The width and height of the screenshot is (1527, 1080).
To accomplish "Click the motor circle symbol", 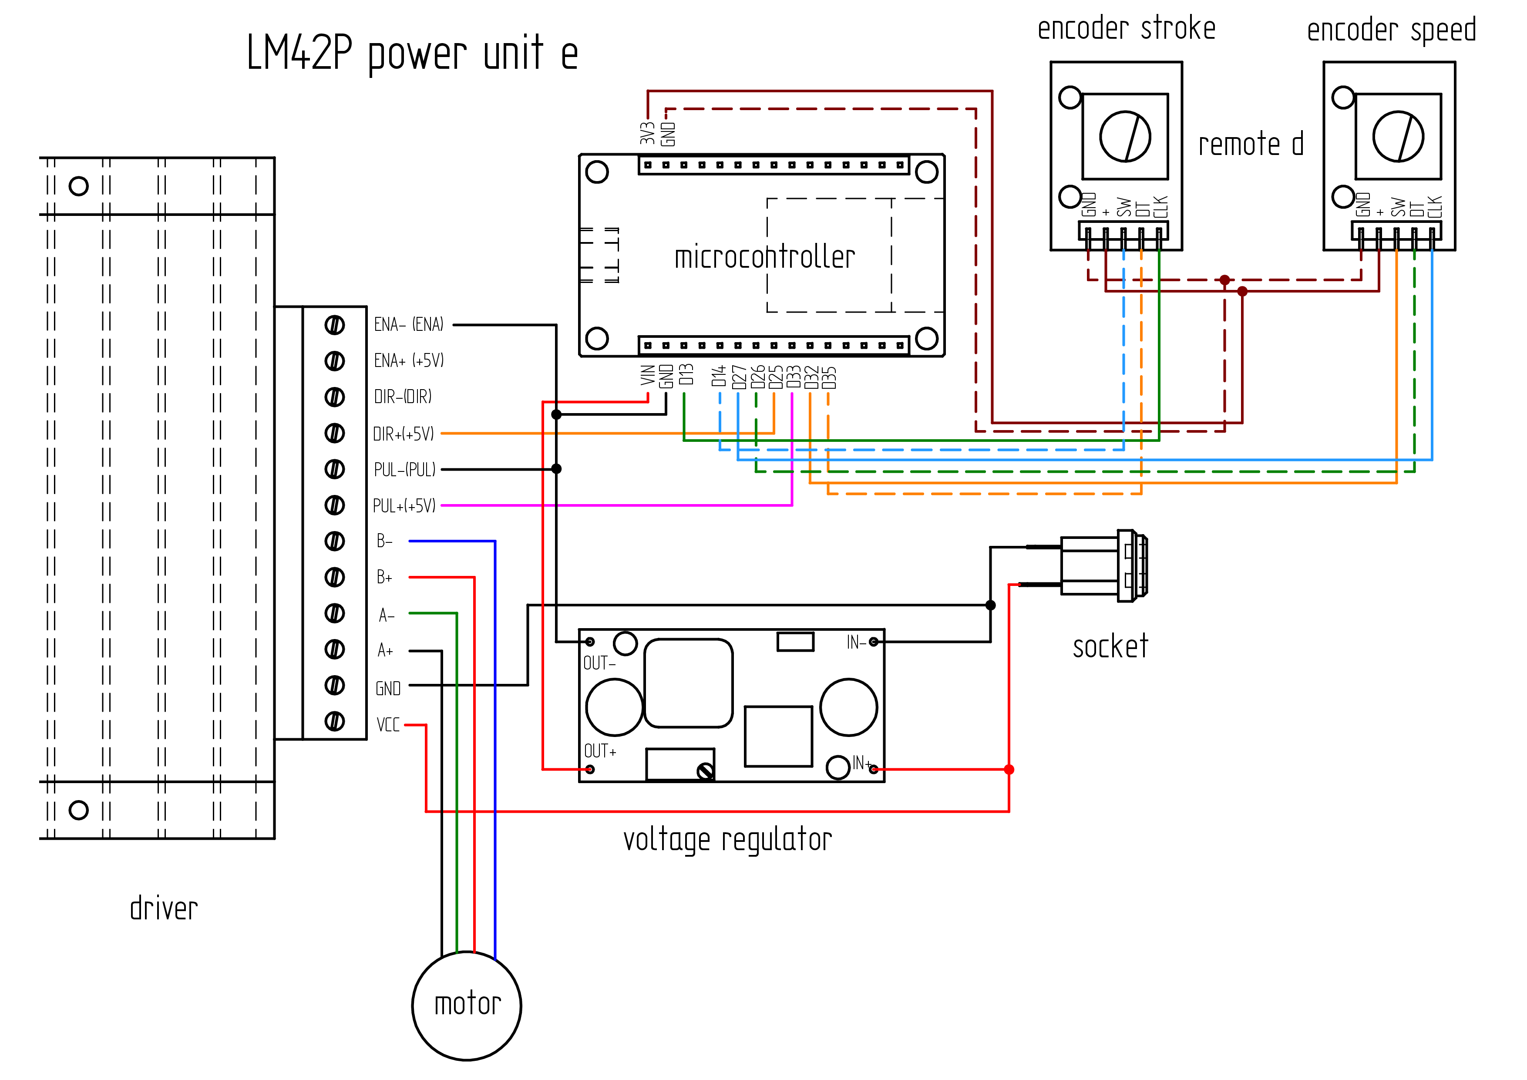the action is click(467, 952).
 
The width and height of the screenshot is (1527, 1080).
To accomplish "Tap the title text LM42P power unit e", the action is click(412, 53).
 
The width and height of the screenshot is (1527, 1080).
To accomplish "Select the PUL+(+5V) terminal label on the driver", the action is click(404, 505).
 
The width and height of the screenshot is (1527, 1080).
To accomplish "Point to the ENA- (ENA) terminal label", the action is click(408, 325).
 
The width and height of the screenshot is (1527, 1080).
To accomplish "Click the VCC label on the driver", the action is click(388, 724).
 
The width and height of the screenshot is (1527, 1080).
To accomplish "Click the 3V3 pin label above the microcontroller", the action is click(648, 133).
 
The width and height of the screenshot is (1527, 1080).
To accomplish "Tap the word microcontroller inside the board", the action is click(765, 257).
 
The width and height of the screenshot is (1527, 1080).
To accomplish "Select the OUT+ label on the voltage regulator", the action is click(600, 751).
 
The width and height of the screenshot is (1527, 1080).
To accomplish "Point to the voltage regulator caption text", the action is click(727, 840).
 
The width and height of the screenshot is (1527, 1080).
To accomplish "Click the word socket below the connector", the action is click(1111, 646).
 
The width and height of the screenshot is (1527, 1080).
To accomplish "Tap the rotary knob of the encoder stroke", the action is click(1125, 136).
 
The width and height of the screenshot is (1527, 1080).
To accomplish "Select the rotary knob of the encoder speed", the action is click(1399, 136).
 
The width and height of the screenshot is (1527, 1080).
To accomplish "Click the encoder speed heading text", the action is click(1391, 30).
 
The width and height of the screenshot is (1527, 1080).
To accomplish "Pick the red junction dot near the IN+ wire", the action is click(1009, 770).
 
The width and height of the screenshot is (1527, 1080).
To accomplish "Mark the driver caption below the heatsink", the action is click(164, 908).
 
